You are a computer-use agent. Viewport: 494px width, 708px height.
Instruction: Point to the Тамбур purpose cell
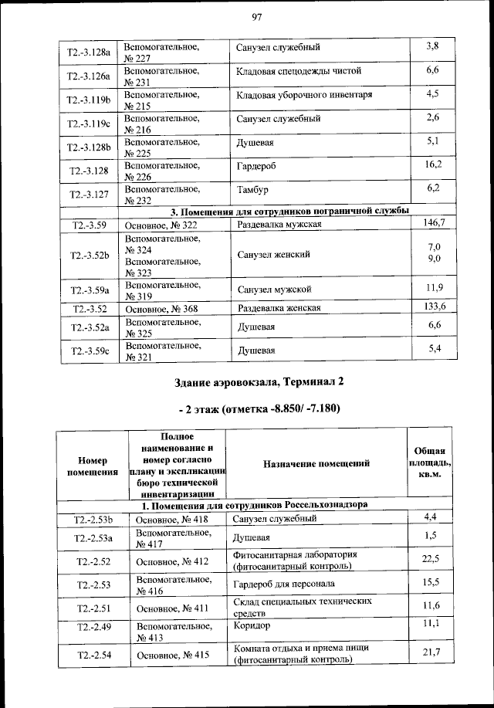(x=254, y=190)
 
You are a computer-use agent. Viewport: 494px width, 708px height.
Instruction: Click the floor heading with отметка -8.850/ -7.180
(x=257, y=408)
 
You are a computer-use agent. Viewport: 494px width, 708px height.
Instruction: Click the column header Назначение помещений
(x=316, y=463)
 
